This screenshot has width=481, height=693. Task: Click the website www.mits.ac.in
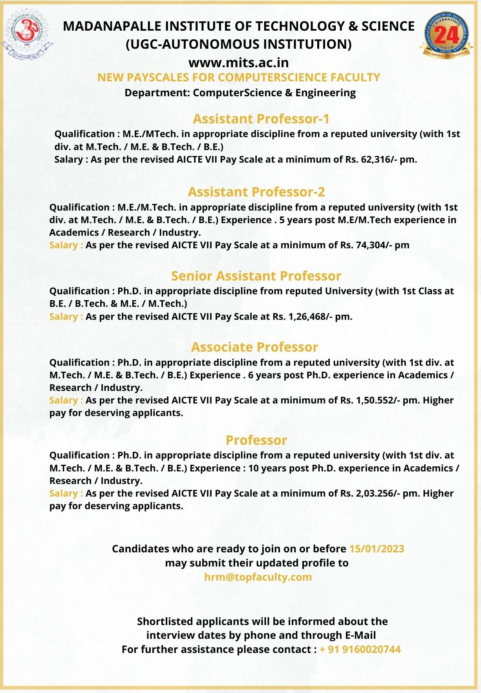point(238,62)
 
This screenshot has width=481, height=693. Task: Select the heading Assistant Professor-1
point(261,119)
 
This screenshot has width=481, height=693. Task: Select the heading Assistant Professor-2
point(256,192)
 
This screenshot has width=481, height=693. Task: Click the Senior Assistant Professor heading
point(256,276)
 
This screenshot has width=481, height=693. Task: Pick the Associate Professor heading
point(254,347)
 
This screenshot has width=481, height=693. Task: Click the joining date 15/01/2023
point(377,549)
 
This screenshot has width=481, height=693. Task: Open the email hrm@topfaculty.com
point(258,577)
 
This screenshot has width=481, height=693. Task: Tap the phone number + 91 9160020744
point(360,649)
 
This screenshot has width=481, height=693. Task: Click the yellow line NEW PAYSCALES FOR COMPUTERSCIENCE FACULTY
point(239,77)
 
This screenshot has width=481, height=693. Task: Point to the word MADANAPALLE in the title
point(112,26)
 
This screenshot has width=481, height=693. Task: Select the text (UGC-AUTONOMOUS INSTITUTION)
point(238,44)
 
